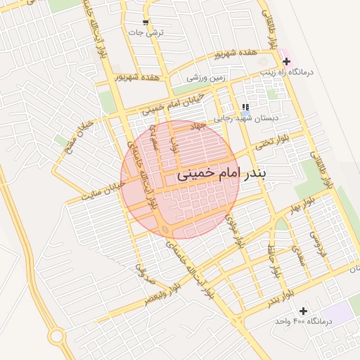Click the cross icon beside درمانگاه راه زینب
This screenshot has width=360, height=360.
pyautogui.click(x=286, y=62)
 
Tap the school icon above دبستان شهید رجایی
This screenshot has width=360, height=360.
pyautogui.click(x=245, y=107)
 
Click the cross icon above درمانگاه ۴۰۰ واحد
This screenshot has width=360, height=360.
pyautogui.click(x=303, y=310)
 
